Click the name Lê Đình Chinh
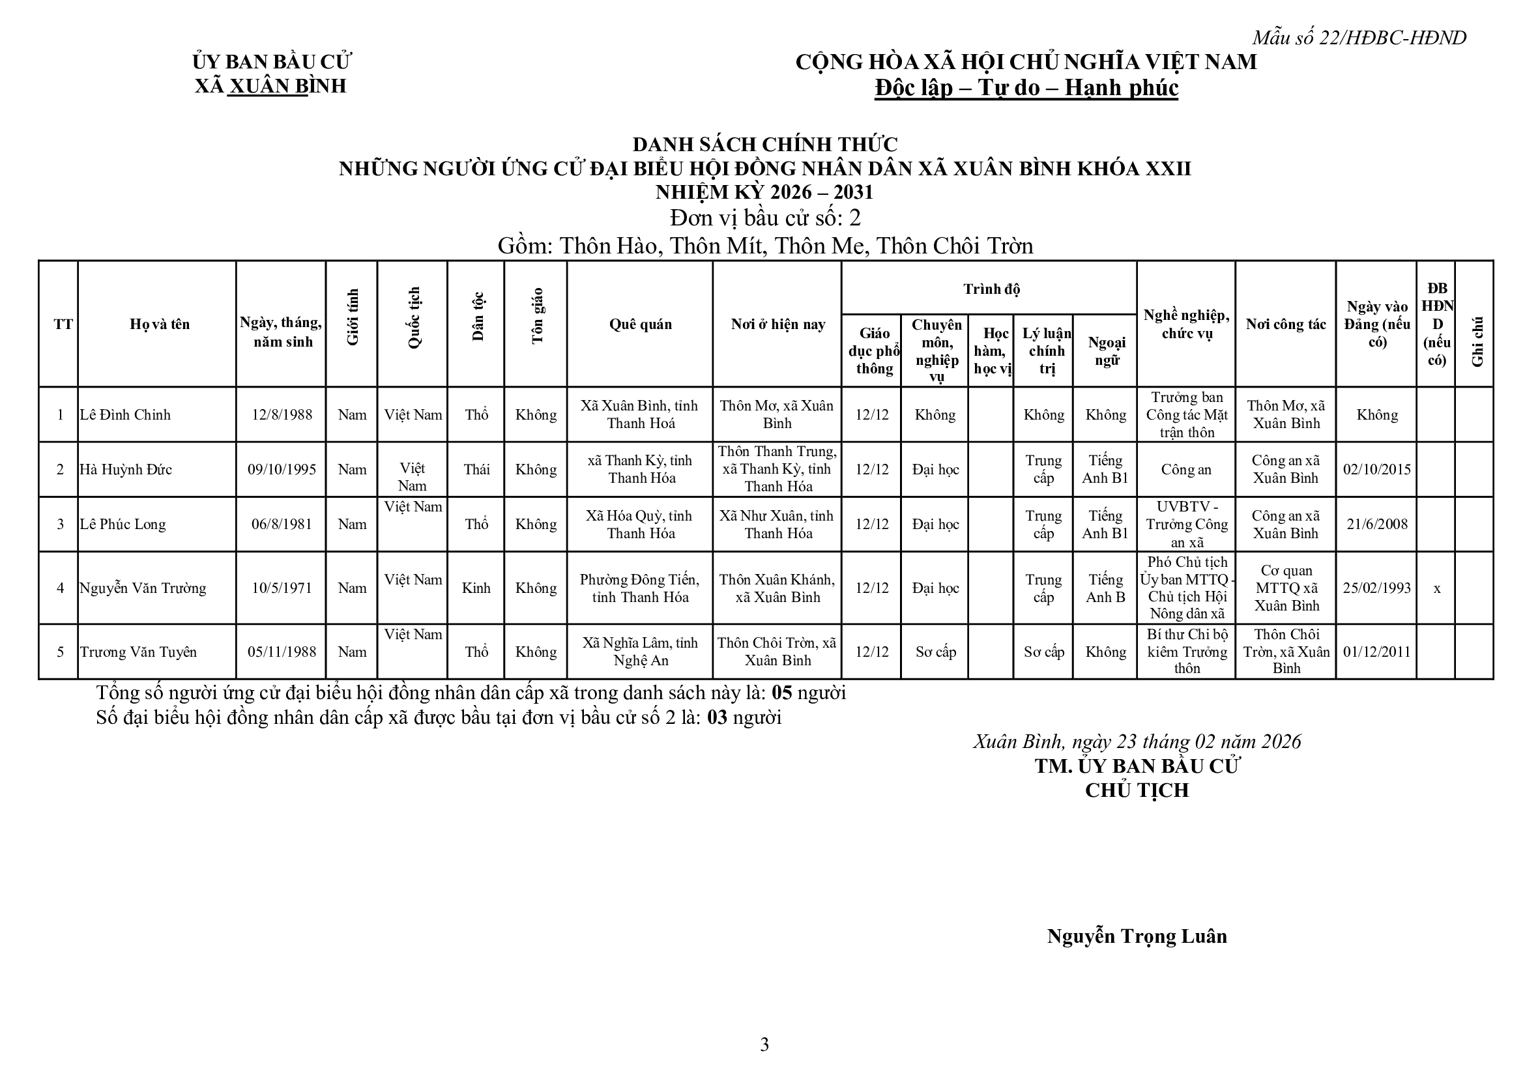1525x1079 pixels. pyautogui.click(x=125, y=414)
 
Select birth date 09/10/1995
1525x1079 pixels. pyautogui.click(x=282, y=470)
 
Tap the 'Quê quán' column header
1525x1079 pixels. pyautogui.click(x=640, y=324)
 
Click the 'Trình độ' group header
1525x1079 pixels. pyautogui.click(x=991, y=289)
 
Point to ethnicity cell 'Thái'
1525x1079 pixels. pyautogui.click(x=476, y=470)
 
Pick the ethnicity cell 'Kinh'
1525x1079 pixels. pyautogui.click(x=476, y=588)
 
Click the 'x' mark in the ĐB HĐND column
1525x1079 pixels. pyautogui.click(x=1436, y=588)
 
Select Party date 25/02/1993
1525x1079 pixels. pyautogui.click(x=1376, y=588)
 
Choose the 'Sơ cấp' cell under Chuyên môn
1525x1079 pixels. pyautogui.click(x=936, y=652)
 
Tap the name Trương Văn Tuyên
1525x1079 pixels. pyautogui.click(x=138, y=652)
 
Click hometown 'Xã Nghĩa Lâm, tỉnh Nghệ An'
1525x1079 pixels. pyautogui.click(x=641, y=652)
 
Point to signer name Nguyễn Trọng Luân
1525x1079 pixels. pyautogui.click(x=1137, y=936)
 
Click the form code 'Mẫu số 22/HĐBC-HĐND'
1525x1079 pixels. pyautogui.click(x=1359, y=38)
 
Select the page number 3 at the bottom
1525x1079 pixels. pyautogui.click(x=764, y=1045)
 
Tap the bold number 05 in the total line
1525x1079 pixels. pyautogui.click(x=781, y=693)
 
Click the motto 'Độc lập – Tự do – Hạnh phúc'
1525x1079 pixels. pyautogui.click(x=1026, y=88)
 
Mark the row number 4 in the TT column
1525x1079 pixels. pyautogui.click(x=60, y=588)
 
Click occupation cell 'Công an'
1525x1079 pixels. pyautogui.click(x=1185, y=470)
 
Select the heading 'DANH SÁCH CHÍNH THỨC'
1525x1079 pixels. pyautogui.click(x=764, y=144)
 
